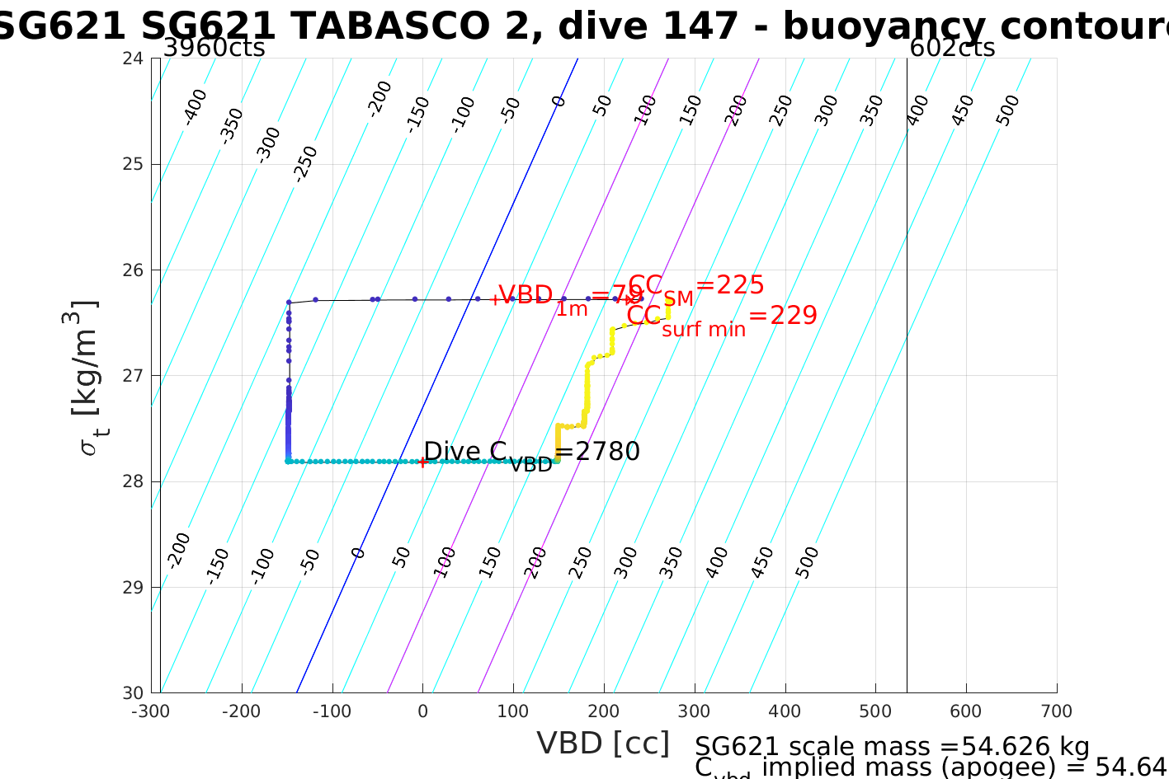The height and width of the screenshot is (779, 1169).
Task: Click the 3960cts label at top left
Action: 214,48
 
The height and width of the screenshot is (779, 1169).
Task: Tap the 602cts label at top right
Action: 951,48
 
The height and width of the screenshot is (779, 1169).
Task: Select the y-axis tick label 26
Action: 133,270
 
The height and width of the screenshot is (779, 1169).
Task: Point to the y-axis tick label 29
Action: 133,588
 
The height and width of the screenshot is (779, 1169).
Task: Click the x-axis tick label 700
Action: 1056,711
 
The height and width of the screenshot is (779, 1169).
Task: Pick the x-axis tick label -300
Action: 151,711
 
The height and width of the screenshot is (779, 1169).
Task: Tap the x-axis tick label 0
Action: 422,711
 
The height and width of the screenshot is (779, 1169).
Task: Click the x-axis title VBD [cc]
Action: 603,744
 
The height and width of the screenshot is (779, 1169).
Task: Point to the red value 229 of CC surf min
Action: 793,316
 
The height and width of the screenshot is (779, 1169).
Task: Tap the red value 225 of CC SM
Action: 740,285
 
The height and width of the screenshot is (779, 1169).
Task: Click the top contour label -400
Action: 195,106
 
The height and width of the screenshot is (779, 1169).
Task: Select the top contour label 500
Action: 1007,110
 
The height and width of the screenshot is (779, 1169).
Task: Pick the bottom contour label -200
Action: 178,550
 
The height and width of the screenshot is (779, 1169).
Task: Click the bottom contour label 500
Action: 808,563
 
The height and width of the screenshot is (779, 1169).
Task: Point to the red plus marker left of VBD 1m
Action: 494,300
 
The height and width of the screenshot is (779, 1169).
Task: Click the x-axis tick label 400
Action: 785,711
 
